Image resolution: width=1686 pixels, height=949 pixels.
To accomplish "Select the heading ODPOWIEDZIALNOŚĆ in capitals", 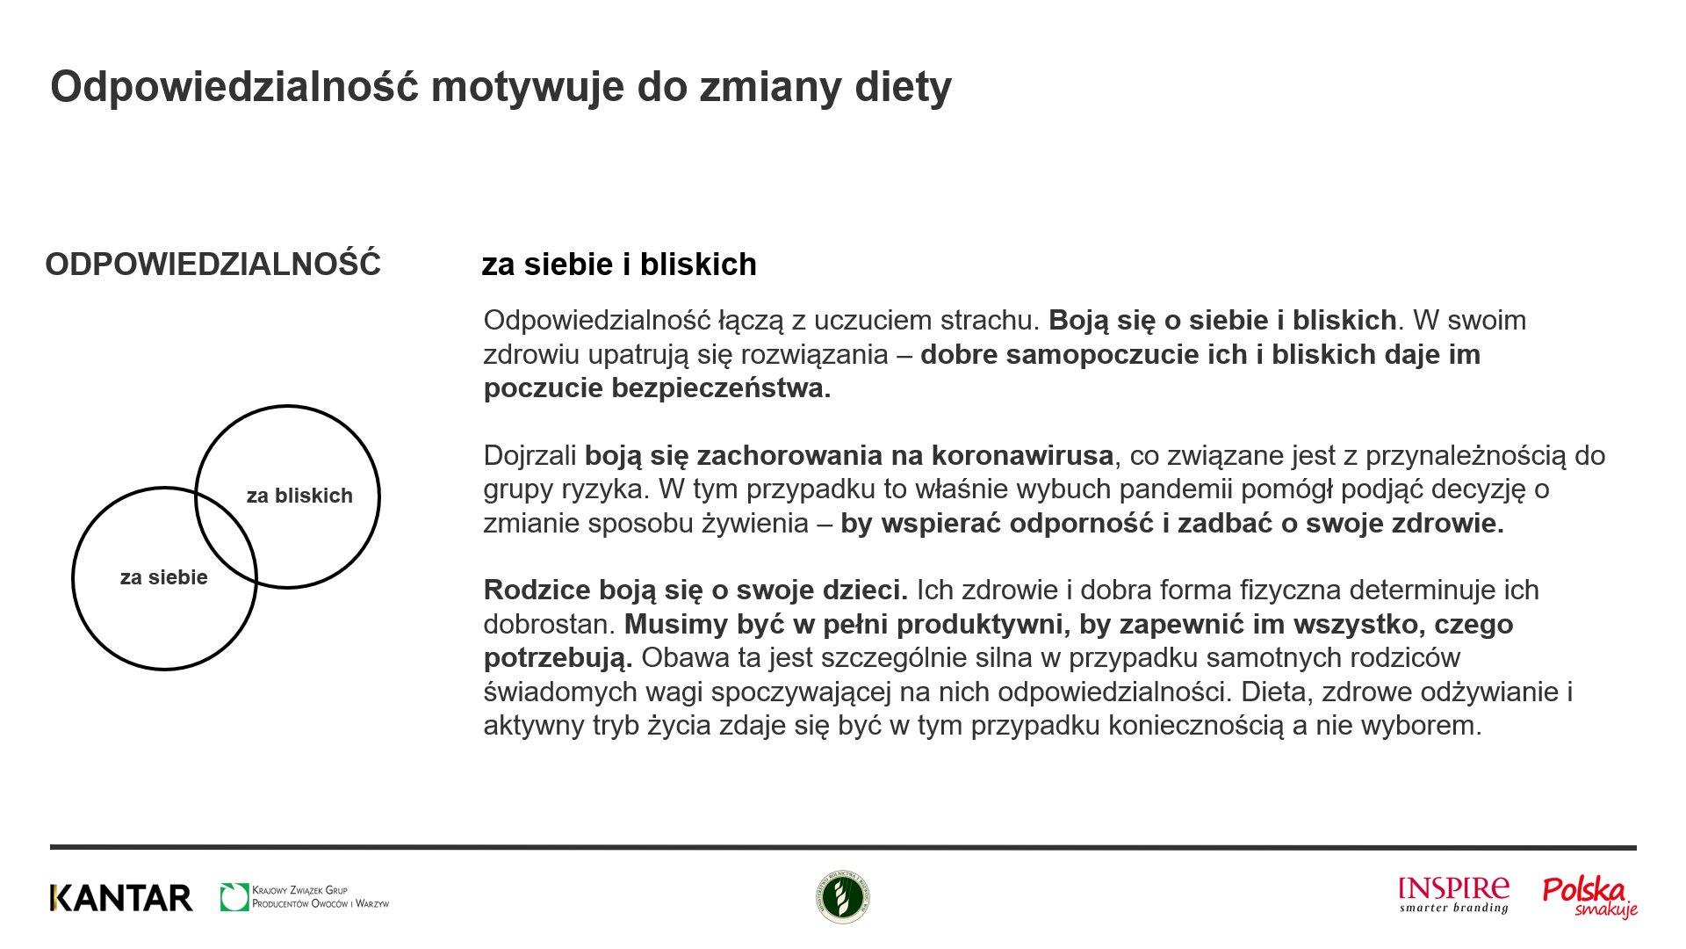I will click(x=213, y=264).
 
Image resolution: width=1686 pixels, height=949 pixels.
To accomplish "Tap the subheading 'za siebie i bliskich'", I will click(x=618, y=264).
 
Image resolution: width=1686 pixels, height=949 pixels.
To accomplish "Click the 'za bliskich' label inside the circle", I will click(x=299, y=496).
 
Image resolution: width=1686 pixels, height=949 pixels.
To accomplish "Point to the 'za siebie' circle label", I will click(x=164, y=577).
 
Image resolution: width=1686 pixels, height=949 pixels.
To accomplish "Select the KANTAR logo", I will click(x=121, y=898).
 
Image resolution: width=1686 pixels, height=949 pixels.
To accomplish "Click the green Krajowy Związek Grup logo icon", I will click(x=234, y=897).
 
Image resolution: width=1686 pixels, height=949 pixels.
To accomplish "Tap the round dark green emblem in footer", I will click(x=843, y=897).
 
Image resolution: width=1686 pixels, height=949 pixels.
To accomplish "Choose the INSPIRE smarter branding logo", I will click(x=1454, y=895).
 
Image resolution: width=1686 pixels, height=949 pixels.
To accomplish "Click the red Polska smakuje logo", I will click(x=1589, y=897).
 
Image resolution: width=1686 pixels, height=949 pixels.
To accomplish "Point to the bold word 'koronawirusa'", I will click(x=1022, y=456).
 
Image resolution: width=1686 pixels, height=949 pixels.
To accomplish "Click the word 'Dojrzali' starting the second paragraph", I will click(x=530, y=456).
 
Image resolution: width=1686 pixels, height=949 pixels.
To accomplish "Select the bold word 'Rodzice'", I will click(x=537, y=590).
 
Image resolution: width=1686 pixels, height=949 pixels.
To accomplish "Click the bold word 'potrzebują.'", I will click(x=558, y=658).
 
